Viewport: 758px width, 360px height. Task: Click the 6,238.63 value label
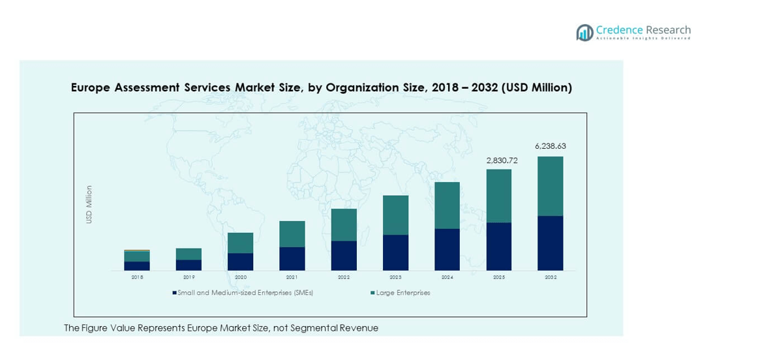550,147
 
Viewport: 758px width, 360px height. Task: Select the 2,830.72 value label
498,160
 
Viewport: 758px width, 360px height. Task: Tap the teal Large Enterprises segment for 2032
550,186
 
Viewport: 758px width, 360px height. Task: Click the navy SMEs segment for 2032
550,243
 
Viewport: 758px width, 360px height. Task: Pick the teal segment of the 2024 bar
447,205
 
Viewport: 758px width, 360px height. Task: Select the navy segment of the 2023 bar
395,252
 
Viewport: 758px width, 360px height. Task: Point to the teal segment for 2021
292,233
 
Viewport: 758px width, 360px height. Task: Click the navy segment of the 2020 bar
241,262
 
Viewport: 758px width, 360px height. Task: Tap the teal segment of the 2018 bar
137,256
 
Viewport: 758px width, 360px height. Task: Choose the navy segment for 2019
189,265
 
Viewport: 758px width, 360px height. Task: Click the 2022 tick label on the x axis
344,277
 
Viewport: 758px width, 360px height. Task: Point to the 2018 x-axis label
137,277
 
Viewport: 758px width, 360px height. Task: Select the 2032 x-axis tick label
550,277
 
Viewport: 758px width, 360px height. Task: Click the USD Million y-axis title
89,205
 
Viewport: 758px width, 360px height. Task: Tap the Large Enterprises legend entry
402,293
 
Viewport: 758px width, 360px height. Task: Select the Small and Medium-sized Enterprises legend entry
245,293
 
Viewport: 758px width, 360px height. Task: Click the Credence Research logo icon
584,33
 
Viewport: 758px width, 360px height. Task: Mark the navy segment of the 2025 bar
498,247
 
